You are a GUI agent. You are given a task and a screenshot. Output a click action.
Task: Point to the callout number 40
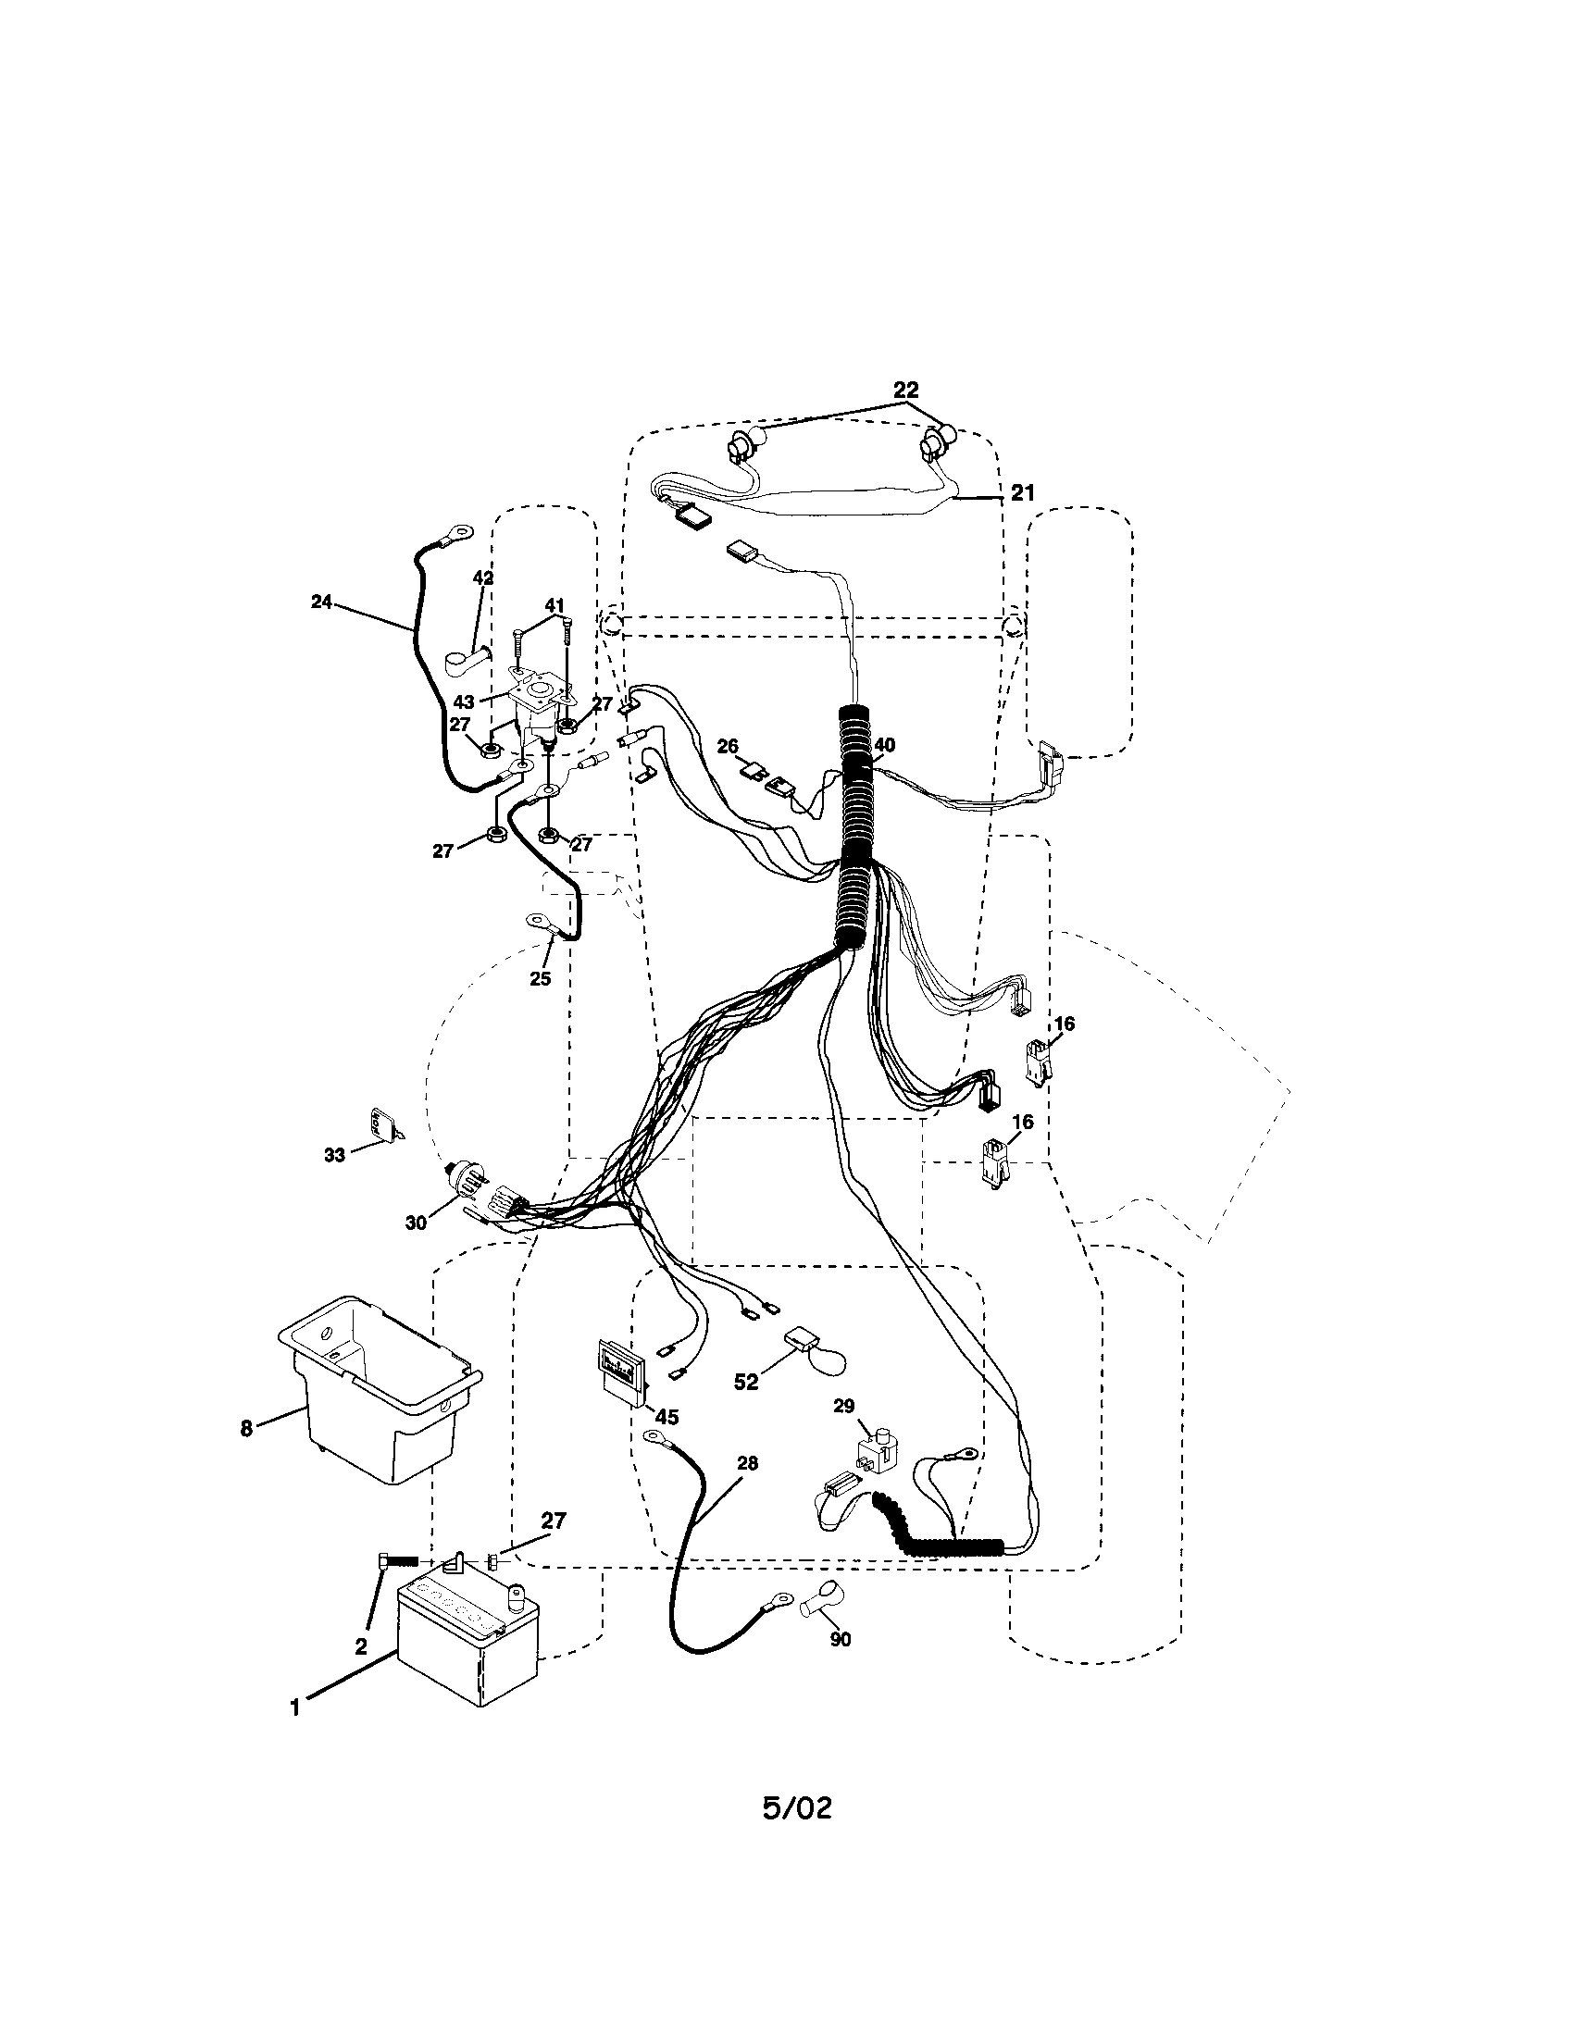tap(884, 745)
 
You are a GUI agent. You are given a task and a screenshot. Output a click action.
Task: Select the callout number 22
tap(905, 390)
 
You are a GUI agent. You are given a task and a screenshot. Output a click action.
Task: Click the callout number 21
tap(1022, 492)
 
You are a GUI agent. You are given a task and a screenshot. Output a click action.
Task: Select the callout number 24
tap(320, 602)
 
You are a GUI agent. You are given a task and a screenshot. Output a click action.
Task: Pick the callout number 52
tap(746, 1383)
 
